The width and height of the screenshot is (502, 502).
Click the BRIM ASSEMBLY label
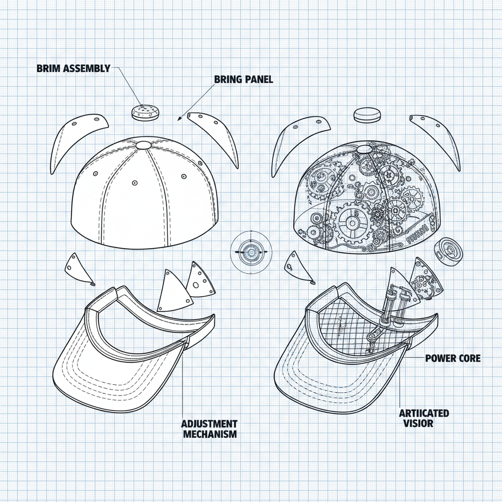pyautogui.click(x=74, y=68)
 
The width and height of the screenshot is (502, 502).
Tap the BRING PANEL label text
pyautogui.click(x=244, y=79)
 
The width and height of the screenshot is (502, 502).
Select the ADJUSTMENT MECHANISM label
pyautogui.click(x=209, y=428)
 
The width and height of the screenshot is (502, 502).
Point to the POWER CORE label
pyautogui.click(x=452, y=358)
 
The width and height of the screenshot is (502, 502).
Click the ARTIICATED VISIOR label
pyautogui.click(x=424, y=418)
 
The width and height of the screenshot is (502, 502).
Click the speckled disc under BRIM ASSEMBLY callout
pyautogui.click(x=145, y=112)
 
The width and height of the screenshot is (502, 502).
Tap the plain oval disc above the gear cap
pyautogui.click(x=367, y=114)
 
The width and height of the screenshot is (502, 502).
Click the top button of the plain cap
pyautogui.click(x=143, y=145)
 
